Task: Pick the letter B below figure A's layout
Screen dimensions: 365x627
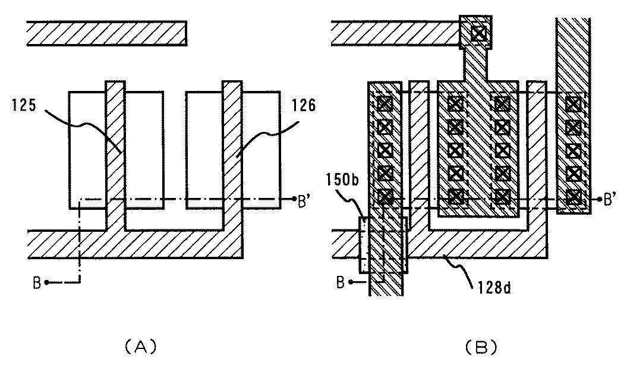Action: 37,283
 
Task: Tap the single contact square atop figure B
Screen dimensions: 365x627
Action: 478,33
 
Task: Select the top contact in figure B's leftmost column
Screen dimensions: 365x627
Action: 385,104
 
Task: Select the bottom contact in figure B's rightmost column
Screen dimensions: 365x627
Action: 573,196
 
